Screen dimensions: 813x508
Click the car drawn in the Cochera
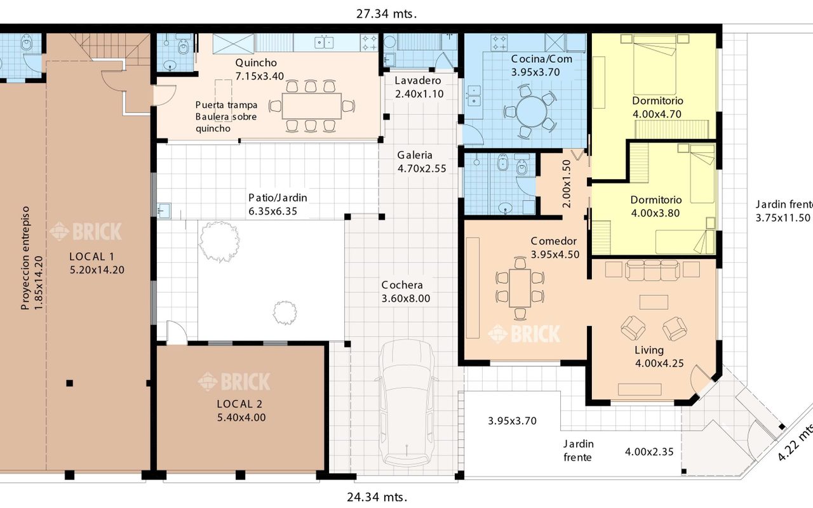coord(406,403)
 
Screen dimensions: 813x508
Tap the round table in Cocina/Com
coord(532,111)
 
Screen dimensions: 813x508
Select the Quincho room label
coord(256,63)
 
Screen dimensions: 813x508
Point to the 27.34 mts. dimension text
coord(386,14)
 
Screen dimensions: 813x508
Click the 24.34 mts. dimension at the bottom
coord(377,497)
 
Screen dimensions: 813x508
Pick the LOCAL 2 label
coord(239,404)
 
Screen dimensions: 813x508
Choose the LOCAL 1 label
coord(92,257)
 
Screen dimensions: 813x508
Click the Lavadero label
coord(418,81)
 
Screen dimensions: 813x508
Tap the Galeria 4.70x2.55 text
coord(422,162)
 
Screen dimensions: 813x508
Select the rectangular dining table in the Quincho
coord(312,106)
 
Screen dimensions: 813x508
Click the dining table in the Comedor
coord(520,288)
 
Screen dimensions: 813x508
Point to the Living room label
coord(649,350)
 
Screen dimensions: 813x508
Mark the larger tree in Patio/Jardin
coord(219,241)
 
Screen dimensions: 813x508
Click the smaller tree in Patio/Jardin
coord(285,312)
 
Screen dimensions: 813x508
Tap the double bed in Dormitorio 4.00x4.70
coord(654,65)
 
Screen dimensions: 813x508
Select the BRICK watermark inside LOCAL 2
coord(234,382)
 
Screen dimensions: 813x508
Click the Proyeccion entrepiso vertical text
coord(25,258)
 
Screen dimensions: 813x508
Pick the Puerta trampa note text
coord(227,105)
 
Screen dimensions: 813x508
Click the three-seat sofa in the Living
coord(652,270)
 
